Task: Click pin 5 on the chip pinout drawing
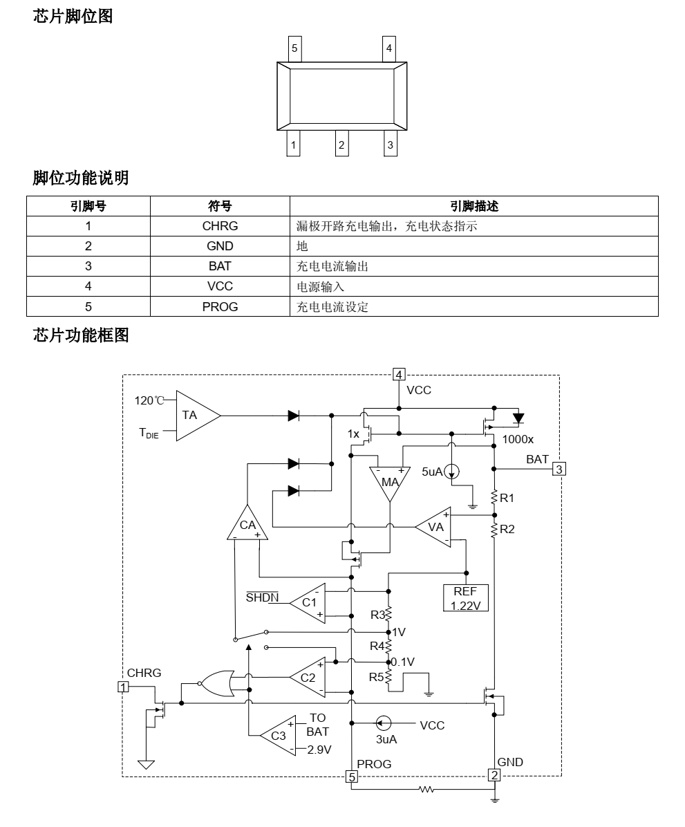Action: [x=294, y=48]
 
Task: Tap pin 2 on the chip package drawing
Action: [x=341, y=145]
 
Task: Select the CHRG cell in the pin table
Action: [x=220, y=225]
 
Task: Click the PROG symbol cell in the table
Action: [x=220, y=307]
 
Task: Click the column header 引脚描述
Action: [x=473, y=205]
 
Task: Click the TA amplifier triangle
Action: [x=194, y=415]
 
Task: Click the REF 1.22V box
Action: [x=465, y=597]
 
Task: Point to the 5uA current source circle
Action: [x=451, y=472]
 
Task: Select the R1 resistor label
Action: [x=507, y=497]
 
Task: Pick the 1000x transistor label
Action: [x=518, y=439]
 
